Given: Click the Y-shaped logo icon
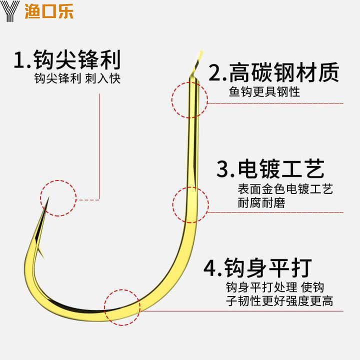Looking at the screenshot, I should click(x=10, y=10).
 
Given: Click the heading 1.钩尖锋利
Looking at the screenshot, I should click(x=67, y=59).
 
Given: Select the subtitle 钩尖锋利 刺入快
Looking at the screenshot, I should click(x=77, y=79).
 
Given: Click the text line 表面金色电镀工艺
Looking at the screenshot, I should click(x=285, y=189).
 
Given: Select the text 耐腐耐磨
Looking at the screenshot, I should click(x=262, y=203).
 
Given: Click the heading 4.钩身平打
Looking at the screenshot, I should click(x=258, y=267).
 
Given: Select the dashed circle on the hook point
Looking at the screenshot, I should click(x=58, y=198).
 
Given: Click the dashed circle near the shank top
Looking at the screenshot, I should click(x=189, y=99).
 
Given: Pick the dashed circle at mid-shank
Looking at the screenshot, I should click(x=190, y=204).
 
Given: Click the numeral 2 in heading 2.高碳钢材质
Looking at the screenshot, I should click(x=214, y=73).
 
